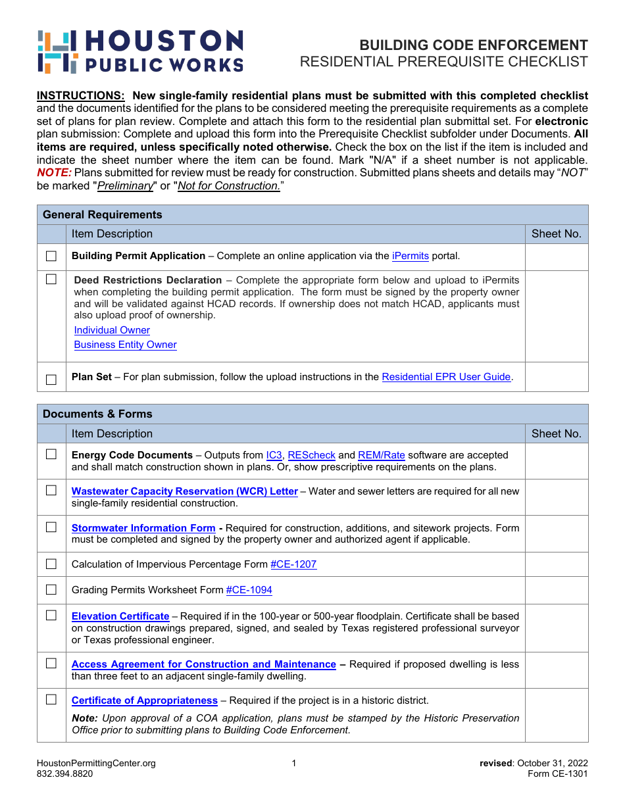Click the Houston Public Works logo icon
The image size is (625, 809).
[58, 51]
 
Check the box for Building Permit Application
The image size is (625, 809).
[51, 257]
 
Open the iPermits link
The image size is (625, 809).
[410, 256]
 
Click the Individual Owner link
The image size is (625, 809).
[112, 330]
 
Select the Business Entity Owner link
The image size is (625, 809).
[125, 345]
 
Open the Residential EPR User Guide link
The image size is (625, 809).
[446, 377]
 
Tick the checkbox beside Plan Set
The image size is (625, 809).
[51, 380]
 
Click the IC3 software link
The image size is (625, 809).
[274, 455]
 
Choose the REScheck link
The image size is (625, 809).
[311, 455]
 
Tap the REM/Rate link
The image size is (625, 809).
[381, 455]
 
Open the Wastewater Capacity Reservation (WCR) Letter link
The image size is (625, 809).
[185, 491]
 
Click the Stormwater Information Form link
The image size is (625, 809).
[143, 528]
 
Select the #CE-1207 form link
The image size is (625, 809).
[293, 564]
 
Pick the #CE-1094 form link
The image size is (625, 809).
[249, 590]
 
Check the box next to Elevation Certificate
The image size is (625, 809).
[51, 616]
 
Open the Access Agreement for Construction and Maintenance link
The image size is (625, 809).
[204, 664]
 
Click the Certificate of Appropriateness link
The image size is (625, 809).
[145, 700]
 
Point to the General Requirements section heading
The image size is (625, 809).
[103, 214]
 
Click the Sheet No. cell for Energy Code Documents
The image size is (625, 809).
[556, 461]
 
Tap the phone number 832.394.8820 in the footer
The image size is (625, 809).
[65, 774]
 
